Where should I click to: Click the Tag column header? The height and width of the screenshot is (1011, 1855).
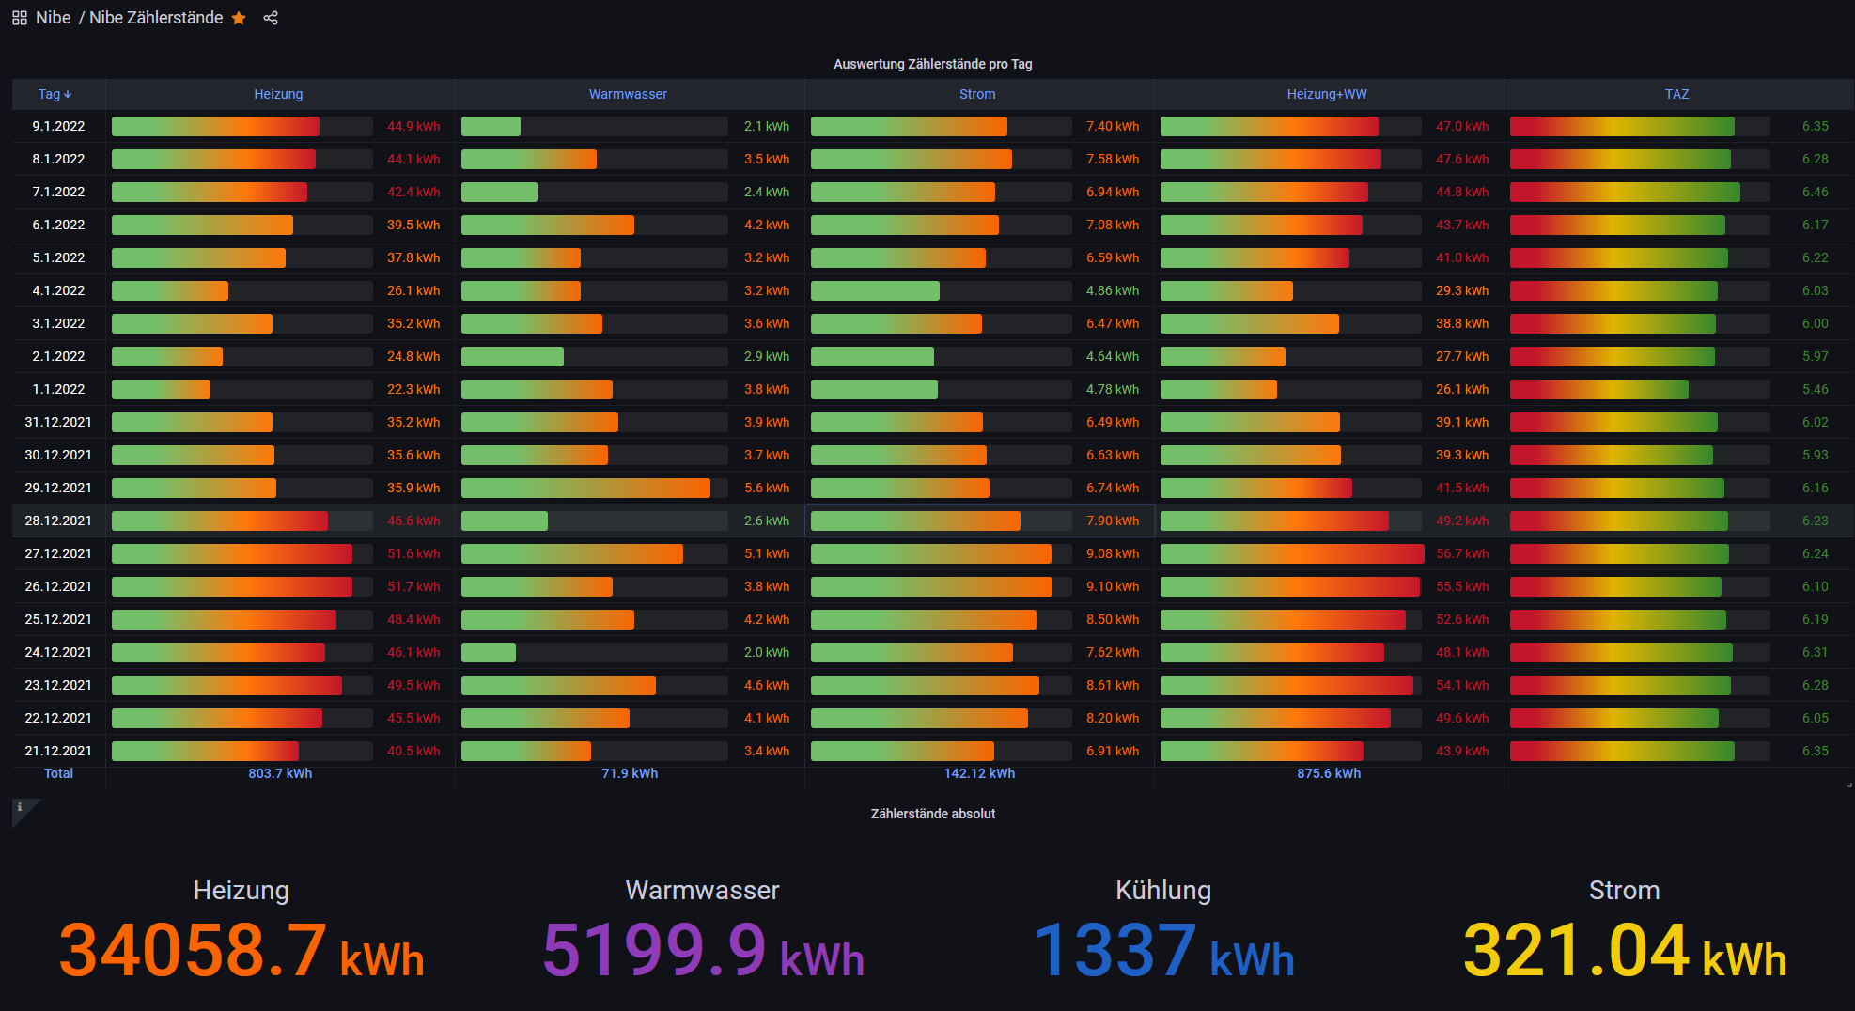pos(55,94)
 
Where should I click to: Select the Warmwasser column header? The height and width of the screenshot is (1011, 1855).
pos(628,94)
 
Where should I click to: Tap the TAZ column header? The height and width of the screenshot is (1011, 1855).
pos(1676,94)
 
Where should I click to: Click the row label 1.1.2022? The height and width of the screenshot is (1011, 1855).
pos(58,389)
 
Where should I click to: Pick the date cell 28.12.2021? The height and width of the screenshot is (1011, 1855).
pos(58,521)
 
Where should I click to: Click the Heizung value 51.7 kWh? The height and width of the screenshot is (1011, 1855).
pos(413,586)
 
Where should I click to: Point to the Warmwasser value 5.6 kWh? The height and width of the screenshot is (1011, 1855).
pos(767,488)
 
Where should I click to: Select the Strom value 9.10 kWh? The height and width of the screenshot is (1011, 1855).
pos(1113,586)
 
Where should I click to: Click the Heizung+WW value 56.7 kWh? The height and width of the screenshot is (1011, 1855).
pos(1462,553)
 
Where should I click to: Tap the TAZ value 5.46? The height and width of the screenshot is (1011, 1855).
pos(1815,389)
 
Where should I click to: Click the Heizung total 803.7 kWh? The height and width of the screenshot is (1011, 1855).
pos(280,773)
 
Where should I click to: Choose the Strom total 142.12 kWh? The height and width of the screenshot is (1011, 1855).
pos(979,773)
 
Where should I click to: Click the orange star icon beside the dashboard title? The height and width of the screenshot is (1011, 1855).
pos(239,18)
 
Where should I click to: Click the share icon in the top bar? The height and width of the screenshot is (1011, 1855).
pos(271,18)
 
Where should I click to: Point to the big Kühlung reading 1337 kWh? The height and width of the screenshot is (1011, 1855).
pos(1163,949)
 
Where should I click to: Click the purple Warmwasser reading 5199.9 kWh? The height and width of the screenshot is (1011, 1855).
pos(703,949)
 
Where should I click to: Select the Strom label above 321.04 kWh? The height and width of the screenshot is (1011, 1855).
pos(1624,890)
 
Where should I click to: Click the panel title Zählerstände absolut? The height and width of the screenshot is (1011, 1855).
pos(932,814)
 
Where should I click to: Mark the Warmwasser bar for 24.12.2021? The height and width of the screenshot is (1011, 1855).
pos(489,652)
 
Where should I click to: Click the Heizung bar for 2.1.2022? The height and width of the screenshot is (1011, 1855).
pos(167,356)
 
